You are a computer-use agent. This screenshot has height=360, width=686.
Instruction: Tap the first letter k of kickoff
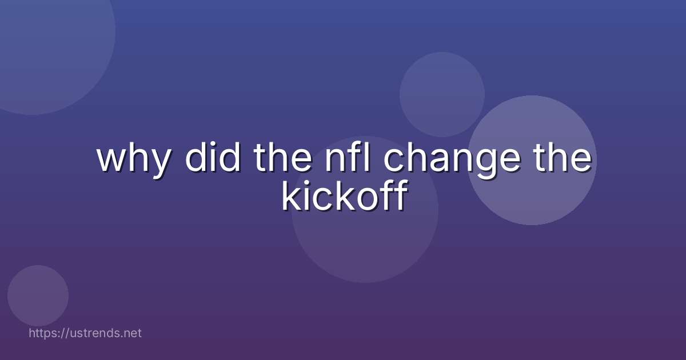tap(290, 196)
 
